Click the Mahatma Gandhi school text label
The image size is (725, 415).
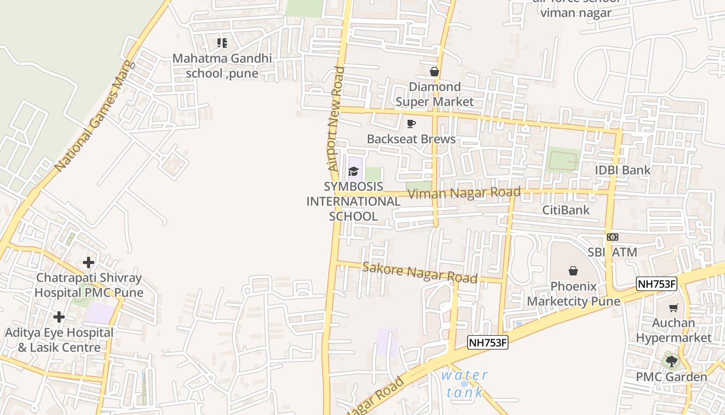point(222,66)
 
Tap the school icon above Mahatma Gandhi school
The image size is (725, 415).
point(222,43)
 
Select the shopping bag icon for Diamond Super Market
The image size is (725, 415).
point(434,72)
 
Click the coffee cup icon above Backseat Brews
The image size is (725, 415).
point(411,123)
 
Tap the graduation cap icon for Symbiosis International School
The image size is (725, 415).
point(354,171)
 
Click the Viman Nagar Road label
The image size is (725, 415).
point(464,193)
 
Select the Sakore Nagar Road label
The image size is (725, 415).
point(419,272)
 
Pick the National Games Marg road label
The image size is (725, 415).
point(95,117)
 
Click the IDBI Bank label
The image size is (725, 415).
point(622,170)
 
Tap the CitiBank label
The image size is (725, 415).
point(565,210)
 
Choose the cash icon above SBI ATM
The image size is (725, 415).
point(612,237)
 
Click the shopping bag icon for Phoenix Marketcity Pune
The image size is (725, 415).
point(573,271)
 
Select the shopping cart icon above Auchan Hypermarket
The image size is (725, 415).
point(674,308)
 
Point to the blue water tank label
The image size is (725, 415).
point(465,383)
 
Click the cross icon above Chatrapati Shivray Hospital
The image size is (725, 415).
point(89,262)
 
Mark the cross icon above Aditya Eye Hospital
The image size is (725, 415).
point(59,317)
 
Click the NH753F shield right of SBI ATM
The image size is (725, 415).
point(656,284)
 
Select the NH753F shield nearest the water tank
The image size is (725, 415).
point(487,342)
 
